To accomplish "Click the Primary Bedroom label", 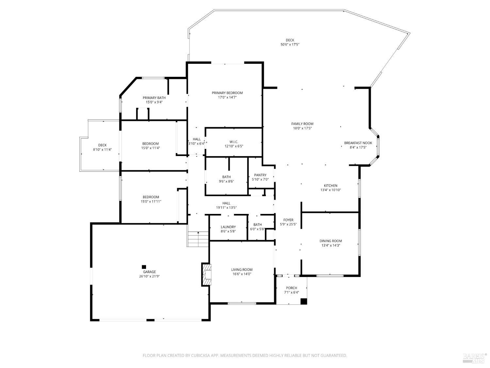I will coord(227,93).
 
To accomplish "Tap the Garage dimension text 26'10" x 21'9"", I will coord(149,276).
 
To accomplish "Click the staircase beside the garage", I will coord(198,239).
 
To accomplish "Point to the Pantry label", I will coord(260,175).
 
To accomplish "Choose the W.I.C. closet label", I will coord(234,142).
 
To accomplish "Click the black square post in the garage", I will coord(144,267).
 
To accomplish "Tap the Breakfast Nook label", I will coord(358,143).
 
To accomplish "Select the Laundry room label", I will coord(228,227).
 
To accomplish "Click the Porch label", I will coord(291,288).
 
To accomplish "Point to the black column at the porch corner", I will coord(303,301).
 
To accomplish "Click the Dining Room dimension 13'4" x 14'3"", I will coord(331,245).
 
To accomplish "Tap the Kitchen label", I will coord(331,185).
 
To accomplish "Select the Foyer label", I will coord(288,220).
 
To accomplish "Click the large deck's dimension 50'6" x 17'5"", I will coord(290,44).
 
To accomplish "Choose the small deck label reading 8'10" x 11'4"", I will coord(102,150).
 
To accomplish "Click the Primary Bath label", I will coord(154,98).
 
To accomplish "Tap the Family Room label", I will coord(302,124).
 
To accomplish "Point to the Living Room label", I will coord(242,270).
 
